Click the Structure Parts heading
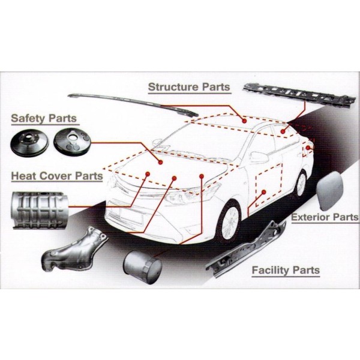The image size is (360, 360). (x=189, y=87)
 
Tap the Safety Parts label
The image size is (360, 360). (x=44, y=118)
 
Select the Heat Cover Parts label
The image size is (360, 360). (x=57, y=176)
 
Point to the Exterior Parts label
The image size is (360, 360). (x=325, y=217)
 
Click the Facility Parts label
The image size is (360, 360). (x=286, y=270)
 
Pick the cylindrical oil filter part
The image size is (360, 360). (x=142, y=267)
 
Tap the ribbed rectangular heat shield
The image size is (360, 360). (x=40, y=211)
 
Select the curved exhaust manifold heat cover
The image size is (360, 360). (x=74, y=250)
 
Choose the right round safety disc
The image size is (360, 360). (x=72, y=141)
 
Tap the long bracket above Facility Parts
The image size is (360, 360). (x=245, y=249)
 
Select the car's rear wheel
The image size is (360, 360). (x=301, y=184)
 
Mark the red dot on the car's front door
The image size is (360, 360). (x=264, y=192)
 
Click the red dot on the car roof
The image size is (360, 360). (x=245, y=121)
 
